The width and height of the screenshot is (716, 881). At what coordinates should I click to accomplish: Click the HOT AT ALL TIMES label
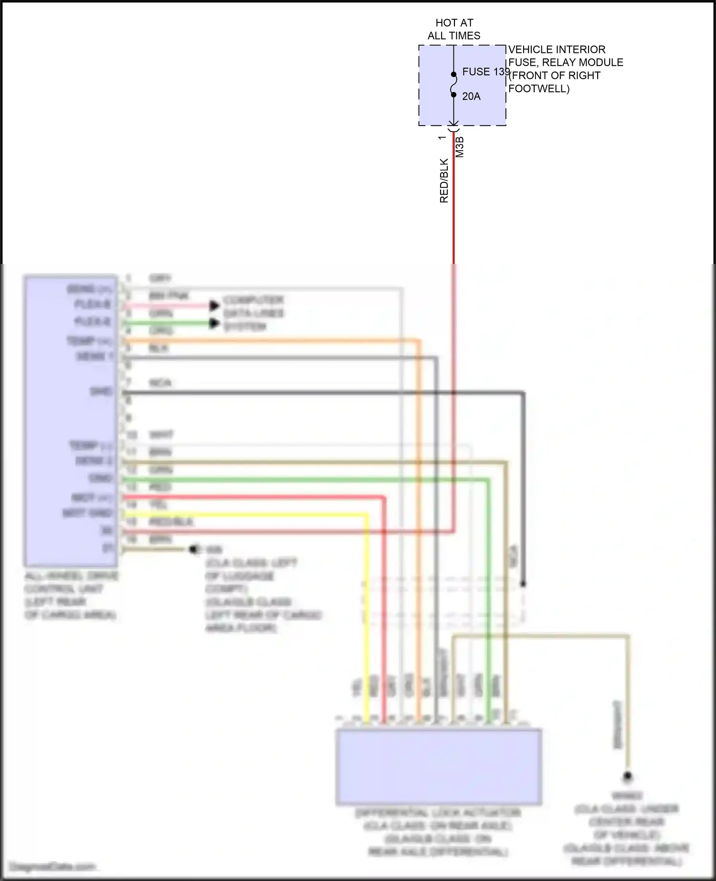(x=453, y=29)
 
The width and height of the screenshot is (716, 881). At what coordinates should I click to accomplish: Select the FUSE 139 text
(x=485, y=72)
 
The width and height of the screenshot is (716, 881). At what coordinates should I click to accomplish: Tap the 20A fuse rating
(x=471, y=96)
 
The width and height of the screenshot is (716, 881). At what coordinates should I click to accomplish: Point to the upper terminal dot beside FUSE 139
(x=453, y=74)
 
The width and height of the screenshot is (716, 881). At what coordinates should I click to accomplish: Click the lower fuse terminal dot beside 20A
(x=453, y=94)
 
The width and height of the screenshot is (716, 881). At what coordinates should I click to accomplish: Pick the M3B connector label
(x=460, y=147)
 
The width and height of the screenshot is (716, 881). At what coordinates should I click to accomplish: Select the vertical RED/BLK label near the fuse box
(x=444, y=181)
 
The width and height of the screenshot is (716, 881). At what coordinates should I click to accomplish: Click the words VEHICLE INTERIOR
(x=557, y=50)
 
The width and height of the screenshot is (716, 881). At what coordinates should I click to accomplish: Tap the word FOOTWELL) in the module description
(x=538, y=89)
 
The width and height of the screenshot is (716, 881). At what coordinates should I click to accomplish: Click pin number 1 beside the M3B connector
(x=442, y=137)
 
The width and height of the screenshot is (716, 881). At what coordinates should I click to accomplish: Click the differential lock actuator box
(x=439, y=766)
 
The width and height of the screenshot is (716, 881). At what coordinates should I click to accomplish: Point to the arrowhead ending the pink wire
(x=214, y=305)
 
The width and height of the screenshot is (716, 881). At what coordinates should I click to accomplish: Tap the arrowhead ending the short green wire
(x=214, y=324)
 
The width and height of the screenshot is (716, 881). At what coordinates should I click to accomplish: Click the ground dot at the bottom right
(x=628, y=777)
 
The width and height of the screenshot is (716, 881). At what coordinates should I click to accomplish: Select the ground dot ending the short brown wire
(x=193, y=550)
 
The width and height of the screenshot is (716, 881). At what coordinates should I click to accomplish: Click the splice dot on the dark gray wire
(x=523, y=584)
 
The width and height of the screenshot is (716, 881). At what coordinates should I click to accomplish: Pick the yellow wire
(x=367, y=620)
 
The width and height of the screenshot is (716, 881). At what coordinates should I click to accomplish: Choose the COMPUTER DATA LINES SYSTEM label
(x=253, y=314)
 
